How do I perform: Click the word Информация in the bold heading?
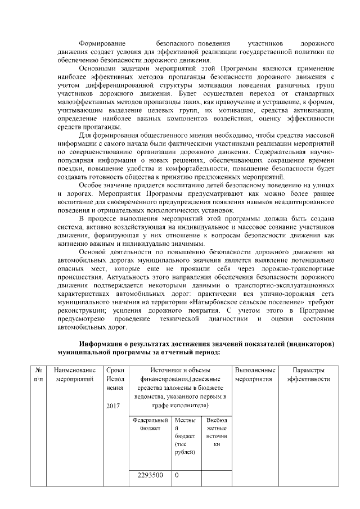coord(103,344)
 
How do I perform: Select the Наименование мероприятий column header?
coord(74,375)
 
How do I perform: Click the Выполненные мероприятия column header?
coord(254,375)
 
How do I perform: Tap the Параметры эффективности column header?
coord(308,375)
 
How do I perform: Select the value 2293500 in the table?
coord(150,475)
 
